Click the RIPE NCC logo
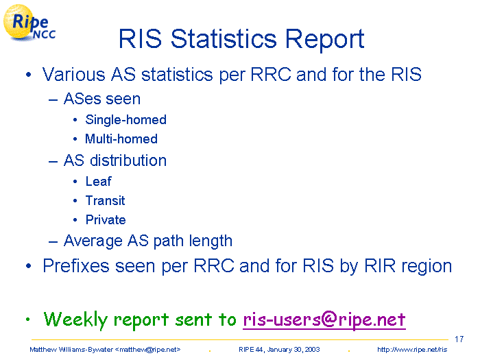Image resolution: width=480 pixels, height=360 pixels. pyautogui.click(x=29, y=23)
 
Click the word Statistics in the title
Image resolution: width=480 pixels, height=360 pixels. pyautogui.click(x=224, y=39)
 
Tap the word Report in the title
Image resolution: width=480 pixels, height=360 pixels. pyautogui.click(x=324, y=40)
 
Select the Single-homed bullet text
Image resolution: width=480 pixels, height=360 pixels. pyautogui.click(x=125, y=120)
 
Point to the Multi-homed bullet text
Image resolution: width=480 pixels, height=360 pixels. pyautogui.click(x=121, y=139)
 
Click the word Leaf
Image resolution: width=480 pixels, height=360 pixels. pyautogui.click(x=98, y=181)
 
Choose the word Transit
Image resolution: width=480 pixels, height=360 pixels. pyautogui.click(x=106, y=201)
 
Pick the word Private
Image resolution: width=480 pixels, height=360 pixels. pyautogui.click(x=106, y=220)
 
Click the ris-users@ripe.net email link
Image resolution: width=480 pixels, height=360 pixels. pyautogui.click(x=324, y=320)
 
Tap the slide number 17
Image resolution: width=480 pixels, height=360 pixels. pyautogui.click(x=459, y=339)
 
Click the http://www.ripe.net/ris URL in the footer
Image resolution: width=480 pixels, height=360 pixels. pyautogui.click(x=412, y=350)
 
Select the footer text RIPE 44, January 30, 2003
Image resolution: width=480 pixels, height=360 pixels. pyautogui.click(x=279, y=350)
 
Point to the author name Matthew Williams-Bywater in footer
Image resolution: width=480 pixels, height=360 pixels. pyautogui.click(x=71, y=350)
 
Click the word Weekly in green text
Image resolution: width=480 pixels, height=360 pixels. pyautogui.click(x=75, y=320)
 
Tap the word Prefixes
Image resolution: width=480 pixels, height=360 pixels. pyautogui.click(x=76, y=266)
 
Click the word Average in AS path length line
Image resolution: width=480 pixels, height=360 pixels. pyautogui.click(x=93, y=241)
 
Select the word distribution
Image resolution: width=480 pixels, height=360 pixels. pyautogui.click(x=128, y=160)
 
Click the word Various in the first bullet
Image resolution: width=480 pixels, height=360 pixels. pyautogui.click(x=74, y=74)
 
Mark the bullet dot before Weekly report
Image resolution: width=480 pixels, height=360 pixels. pyautogui.click(x=28, y=320)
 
